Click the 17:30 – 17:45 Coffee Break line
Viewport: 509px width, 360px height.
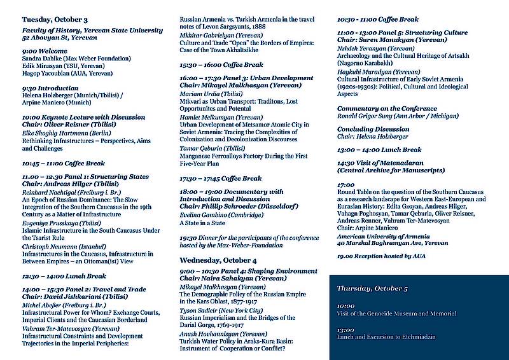click(221, 179)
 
